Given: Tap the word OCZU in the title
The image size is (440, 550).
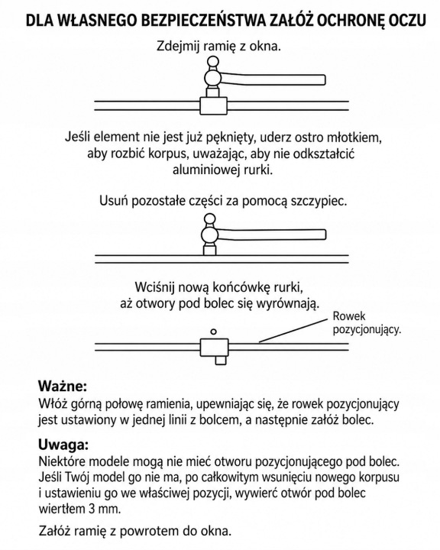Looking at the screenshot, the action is [x=406, y=20].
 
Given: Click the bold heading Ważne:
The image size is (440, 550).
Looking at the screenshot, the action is [x=62, y=387].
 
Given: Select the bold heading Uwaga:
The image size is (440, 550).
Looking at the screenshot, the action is [x=63, y=445].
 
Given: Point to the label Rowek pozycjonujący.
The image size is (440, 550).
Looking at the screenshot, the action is [x=367, y=322].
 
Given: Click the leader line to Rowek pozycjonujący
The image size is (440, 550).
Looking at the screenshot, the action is [x=293, y=331].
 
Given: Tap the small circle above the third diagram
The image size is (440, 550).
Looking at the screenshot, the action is [x=213, y=332].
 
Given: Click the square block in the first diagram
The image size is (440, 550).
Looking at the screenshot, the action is [x=214, y=105].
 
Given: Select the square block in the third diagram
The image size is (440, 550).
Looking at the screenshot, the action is [x=214, y=348].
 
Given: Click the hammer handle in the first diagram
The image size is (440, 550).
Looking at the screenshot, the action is [x=273, y=79].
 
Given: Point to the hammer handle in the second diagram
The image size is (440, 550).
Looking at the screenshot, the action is [x=272, y=235].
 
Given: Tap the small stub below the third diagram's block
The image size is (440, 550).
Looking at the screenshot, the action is [x=220, y=361].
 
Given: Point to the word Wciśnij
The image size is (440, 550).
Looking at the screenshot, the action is [x=155, y=288].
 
